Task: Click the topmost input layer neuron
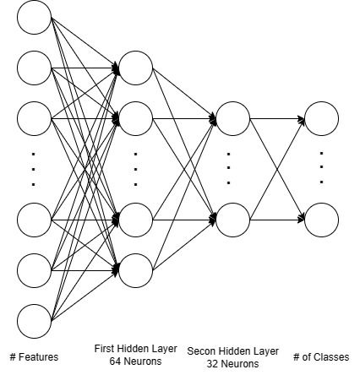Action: pyautogui.click(x=34, y=19)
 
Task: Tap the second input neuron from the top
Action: pyautogui.click(x=34, y=68)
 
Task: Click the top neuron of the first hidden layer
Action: pyautogui.click(x=135, y=67)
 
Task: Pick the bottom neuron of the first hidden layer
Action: pyautogui.click(x=135, y=269)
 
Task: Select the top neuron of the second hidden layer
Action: pyautogui.click(x=232, y=118)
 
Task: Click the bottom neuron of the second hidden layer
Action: pyautogui.click(x=232, y=220)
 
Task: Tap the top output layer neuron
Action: pyautogui.click(x=321, y=118)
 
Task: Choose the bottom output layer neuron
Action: pyautogui.click(x=321, y=220)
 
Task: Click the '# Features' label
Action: pyautogui.click(x=34, y=357)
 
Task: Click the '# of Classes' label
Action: pyautogui.click(x=320, y=357)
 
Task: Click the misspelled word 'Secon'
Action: pyautogui.click(x=201, y=351)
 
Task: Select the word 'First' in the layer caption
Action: pyautogui.click(x=103, y=348)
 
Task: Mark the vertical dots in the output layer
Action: pyautogui.click(x=321, y=168)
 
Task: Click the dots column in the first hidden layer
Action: pyautogui.click(x=135, y=168)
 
